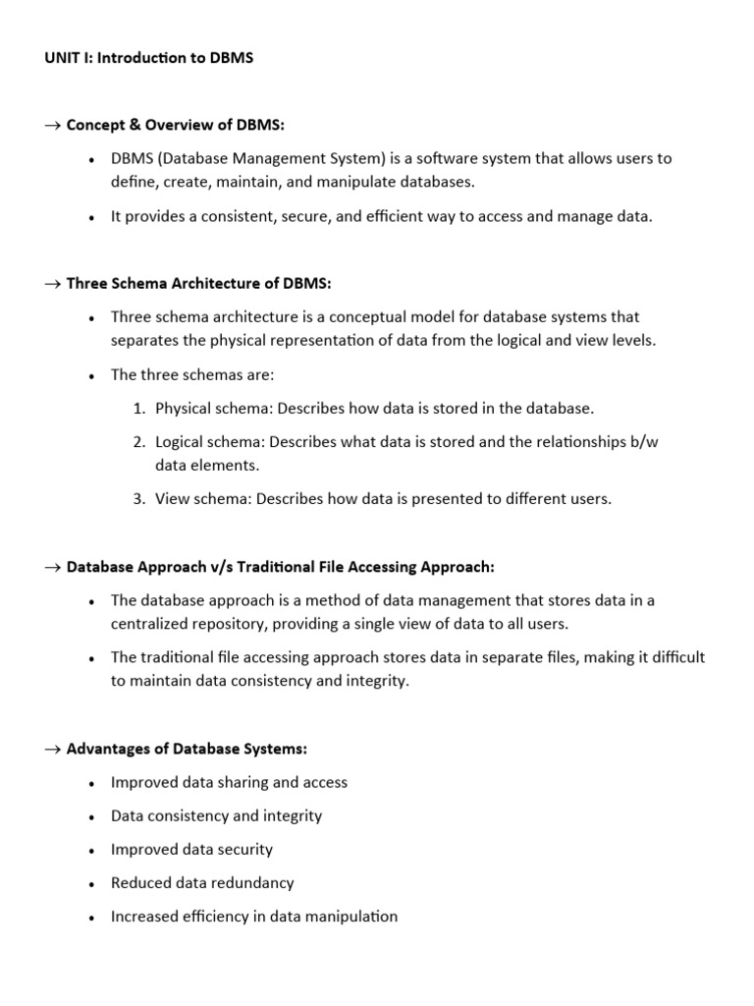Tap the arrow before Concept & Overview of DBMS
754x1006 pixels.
52,125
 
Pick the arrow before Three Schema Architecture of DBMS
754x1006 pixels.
52,284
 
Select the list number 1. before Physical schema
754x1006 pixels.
140,408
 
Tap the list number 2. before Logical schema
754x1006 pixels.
140,442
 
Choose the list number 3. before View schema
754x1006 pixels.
140,499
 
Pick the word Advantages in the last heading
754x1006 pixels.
105,749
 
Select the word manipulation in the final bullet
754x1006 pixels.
353,917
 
